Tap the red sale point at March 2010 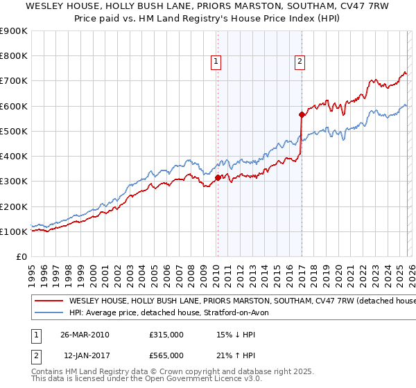pyautogui.click(x=218, y=177)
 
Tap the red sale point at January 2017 pyautogui.click(x=302, y=115)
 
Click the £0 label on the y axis pyautogui.click(x=21, y=256)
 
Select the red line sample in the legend pyautogui.click(x=48, y=301)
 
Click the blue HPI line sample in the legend pyautogui.click(x=48, y=313)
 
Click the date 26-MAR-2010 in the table pyautogui.click(x=84, y=335)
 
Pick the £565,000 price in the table pyautogui.click(x=166, y=355)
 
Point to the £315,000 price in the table pyautogui.click(x=166, y=335)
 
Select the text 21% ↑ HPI pyautogui.click(x=236, y=355)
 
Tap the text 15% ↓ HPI pyautogui.click(x=236, y=335)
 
